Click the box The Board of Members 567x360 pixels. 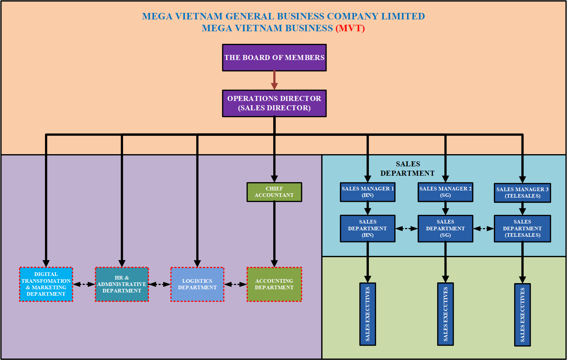(x=274, y=57)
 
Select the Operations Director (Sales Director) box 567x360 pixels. (x=274, y=103)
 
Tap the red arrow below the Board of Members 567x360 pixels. (x=274, y=80)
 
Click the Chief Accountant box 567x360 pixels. (x=274, y=192)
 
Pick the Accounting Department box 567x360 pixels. (x=274, y=284)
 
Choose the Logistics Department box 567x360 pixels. (x=197, y=284)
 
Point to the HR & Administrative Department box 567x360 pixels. (x=122, y=284)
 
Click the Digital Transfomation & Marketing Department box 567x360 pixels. (x=46, y=284)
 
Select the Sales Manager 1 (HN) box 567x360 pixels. (x=367, y=192)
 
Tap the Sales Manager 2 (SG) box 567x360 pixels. (x=445, y=192)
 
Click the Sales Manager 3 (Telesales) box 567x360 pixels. (x=522, y=193)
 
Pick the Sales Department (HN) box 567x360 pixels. (x=367, y=229)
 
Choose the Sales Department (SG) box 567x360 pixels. (x=445, y=229)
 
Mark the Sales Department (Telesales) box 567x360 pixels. (x=522, y=229)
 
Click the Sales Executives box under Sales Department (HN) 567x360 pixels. (x=367, y=314)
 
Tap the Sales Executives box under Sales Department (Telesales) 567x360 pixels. (x=522, y=315)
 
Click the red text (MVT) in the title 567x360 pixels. (x=350, y=28)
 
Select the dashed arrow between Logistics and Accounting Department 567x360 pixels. (x=236, y=284)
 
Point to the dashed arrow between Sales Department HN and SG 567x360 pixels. (x=406, y=229)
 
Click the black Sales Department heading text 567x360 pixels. (x=408, y=169)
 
